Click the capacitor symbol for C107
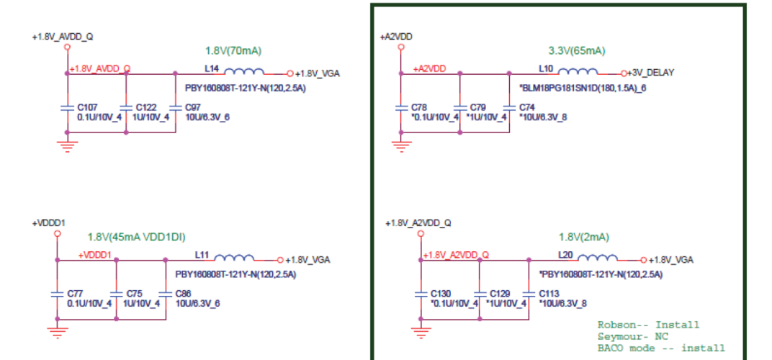pos(67,108)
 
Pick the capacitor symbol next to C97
pos(175,108)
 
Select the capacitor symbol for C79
pos(459,108)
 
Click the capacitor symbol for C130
pos(420,294)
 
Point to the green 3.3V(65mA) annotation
pos(576,51)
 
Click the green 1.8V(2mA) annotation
pos(583,237)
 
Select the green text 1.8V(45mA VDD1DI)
pos(132,237)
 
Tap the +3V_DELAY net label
pos(653,73)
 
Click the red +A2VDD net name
pos(429,68)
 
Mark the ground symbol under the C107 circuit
pos(67,146)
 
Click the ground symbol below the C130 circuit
pos(420,332)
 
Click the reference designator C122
pos(146,107)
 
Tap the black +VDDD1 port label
pos(48,223)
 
